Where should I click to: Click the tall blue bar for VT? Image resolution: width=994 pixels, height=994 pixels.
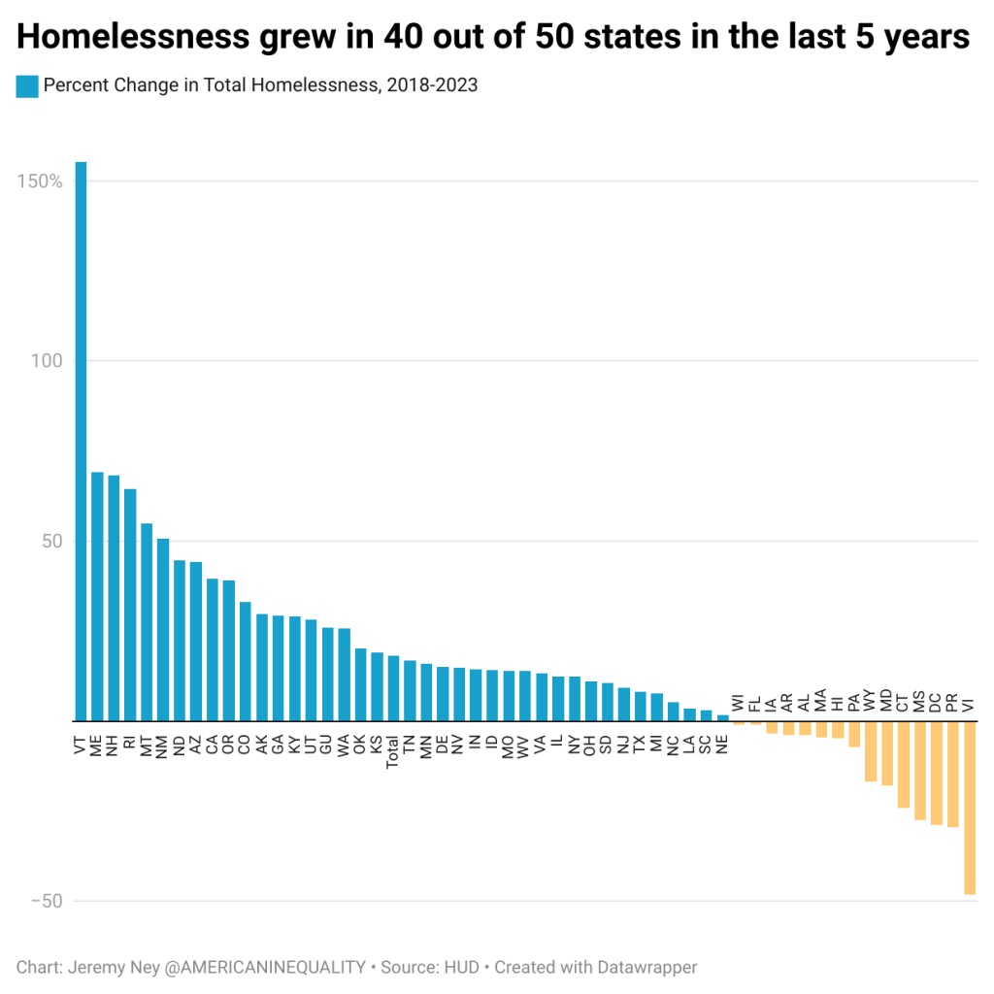[x=81, y=442]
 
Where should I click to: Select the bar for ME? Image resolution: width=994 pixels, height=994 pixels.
[x=97, y=596]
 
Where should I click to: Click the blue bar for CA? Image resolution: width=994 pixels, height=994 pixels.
[x=213, y=649]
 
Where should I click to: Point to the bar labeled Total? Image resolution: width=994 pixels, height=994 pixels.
[x=393, y=688]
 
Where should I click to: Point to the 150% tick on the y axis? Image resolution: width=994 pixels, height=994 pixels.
[x=40, y=182]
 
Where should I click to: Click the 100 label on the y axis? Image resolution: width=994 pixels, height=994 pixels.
[x=47, y=361]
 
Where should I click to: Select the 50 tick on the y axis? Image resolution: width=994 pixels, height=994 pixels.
[x=50, y=541]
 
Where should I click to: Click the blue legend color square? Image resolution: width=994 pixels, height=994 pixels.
[x=27, y=85]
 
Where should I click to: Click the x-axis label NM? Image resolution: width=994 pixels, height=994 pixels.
[x=162, y=745]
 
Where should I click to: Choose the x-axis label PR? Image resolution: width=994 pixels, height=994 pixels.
[x=952, y=703]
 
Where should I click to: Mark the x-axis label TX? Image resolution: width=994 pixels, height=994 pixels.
[x=640, y=745]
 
